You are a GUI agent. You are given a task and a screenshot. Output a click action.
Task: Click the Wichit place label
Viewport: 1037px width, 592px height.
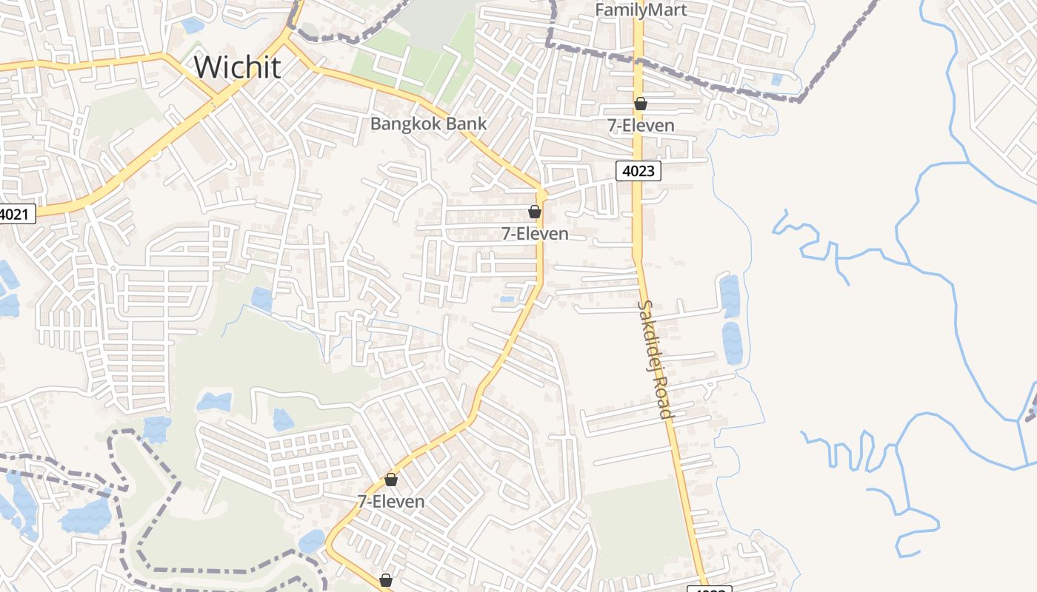(x=237, y=67)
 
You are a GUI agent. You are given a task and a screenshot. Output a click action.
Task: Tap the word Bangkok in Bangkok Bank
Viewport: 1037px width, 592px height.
(x=404, y=124)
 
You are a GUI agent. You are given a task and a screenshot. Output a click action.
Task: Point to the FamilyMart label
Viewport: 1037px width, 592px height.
(x=641, y=10)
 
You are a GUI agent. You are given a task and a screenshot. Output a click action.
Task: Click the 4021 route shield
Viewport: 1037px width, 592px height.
(x=16, y=215)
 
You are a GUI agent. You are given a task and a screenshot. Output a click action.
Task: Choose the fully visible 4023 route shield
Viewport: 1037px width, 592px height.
(x=638, y=171)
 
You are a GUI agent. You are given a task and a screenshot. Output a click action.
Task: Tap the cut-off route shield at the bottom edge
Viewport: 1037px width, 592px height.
(x=709, y=588)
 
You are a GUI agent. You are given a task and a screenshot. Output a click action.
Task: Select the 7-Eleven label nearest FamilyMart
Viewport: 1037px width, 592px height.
(x=641, y=126)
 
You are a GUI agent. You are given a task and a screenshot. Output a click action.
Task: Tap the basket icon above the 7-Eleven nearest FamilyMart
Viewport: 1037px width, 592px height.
(x=641, y=104)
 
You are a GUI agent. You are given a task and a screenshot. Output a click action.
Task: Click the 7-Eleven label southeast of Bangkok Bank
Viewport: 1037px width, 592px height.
(x=535, y=234)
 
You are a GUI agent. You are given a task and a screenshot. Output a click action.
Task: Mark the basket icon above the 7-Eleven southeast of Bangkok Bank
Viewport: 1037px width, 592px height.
(x=535, y=212)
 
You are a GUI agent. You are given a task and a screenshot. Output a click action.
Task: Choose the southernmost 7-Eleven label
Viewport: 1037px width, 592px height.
(x=391, y=502)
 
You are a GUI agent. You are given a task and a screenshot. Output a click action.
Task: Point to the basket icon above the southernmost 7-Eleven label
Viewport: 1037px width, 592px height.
(x=391, y=480)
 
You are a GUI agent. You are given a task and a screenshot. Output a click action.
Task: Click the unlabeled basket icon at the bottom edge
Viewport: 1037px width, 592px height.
(x=386, y=580)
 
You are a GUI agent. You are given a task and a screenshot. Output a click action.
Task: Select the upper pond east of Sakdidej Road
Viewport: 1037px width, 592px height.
(x=730, y=296)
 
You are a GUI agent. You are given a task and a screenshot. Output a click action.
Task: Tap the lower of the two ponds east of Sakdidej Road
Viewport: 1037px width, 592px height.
(x=732, y=343)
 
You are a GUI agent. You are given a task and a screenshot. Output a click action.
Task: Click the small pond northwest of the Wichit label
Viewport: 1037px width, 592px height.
(x=193, y=25)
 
